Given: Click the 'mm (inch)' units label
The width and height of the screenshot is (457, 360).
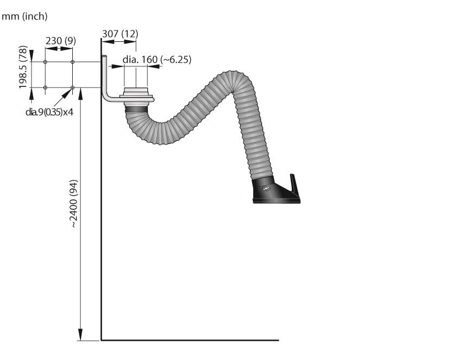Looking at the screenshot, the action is (x=24, y=16).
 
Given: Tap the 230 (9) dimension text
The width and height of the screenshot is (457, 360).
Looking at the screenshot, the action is (x=61, y=41).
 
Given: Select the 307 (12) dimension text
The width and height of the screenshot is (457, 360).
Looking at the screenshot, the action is (x=120, y=34).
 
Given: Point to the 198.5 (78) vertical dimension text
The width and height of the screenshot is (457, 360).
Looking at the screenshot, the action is (x=23, y=67).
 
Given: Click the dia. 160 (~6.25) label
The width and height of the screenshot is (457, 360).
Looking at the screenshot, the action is (x=157, y=59).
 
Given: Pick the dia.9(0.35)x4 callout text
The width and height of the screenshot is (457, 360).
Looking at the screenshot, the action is (x=49, y=111).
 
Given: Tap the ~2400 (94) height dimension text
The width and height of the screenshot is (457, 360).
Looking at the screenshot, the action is (x=74, y=203).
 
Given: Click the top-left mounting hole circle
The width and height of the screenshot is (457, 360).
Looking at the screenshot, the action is (x=45, y=62).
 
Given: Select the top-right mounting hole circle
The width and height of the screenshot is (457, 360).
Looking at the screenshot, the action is (x=73, y=62).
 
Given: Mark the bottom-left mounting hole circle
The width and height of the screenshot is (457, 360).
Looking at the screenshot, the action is (x=45, y=88).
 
